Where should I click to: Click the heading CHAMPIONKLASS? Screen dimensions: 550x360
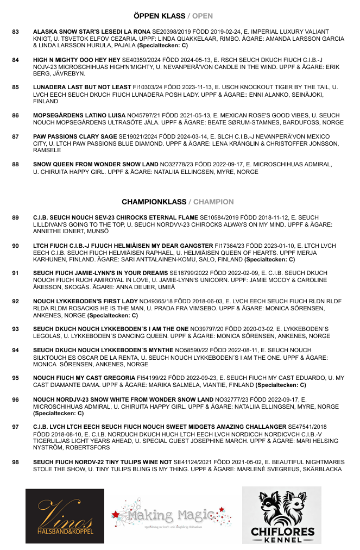(154, 202)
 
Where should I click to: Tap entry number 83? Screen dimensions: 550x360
(15, 32)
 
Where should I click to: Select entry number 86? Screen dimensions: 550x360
(15, 116)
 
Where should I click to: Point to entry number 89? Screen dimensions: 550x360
(15, 217)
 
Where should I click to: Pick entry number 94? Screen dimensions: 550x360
(15, 350)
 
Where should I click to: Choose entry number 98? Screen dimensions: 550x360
(15, 462)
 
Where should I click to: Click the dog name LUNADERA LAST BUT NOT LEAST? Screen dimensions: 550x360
(82, 87)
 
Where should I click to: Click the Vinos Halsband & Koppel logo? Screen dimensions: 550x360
(65, 516)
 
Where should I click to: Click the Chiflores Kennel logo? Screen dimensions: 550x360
(281, 515)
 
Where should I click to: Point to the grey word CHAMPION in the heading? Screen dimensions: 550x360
(214, 202)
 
